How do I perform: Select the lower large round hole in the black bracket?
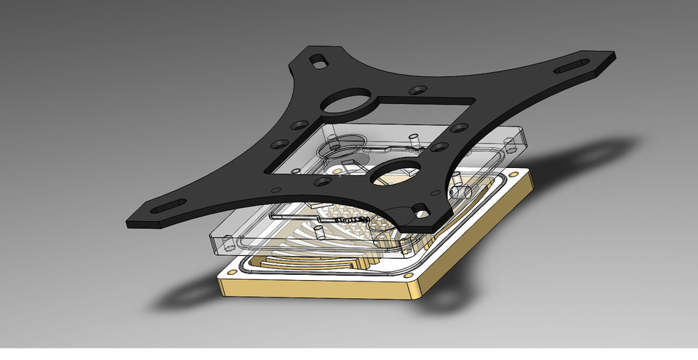pyautogui.click(x=396, y=175)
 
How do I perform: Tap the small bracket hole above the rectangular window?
pyautogui.click(x=417, y=90)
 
